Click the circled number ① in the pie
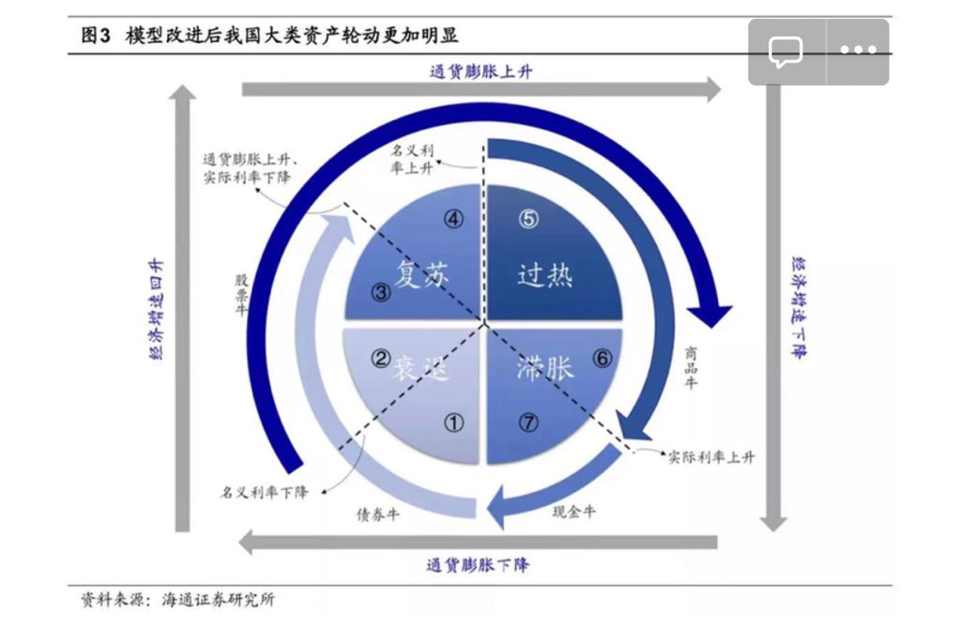coord(454,423)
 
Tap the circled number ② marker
coord(381,358)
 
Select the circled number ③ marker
coord(381,292)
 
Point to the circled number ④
coord(453,219)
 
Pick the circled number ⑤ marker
coord(528,219)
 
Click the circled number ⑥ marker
coord(603,358)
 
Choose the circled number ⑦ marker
coord(528,423)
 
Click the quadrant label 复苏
coord(421,274)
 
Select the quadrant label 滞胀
coord(545,367)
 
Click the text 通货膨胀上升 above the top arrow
coord(480,70)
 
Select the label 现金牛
coord(573,512)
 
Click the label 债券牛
coord(377,515)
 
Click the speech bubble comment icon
coord(786,52)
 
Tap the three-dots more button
coord(858,51)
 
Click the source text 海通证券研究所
coord(219,600)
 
